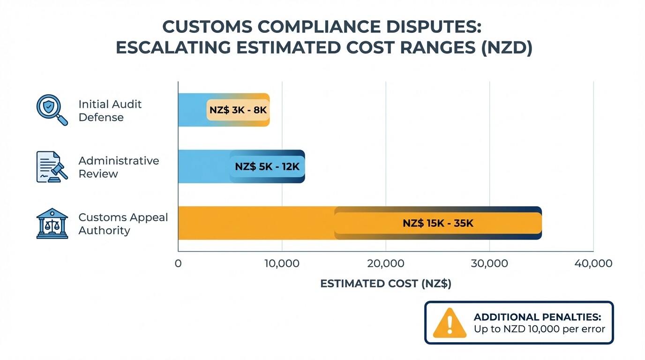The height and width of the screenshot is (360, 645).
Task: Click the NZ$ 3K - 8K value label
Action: pyautogui.click(x=238, y=110)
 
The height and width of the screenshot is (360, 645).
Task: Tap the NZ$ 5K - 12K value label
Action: pyautogui.click(x=267, y=167)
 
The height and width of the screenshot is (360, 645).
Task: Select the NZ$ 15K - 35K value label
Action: pyautogui.click(x=438, y=224)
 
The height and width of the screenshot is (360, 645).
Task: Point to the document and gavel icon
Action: pyautogui.click(x=52, y=167)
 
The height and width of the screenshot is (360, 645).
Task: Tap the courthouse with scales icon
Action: pyautogui.click(x=52, y=224)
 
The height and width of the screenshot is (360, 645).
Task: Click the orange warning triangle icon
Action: pyautogui.click(x=450, y=323)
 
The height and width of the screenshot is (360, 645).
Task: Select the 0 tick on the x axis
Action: pyautogui.click(x=178, y=263)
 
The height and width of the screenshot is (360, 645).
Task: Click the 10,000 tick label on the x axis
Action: pyautogui.click(x=282, y=263)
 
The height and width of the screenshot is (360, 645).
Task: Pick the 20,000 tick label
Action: pyautogui.click(x=386, y=263)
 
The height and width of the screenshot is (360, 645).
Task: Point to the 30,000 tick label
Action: pyautogui.click(x=489, y=263)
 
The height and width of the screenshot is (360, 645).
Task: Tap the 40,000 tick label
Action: pyautogui.click(x=593, y=263)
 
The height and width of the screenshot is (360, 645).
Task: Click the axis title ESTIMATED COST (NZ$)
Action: pyautogui.click(x=386, y=284)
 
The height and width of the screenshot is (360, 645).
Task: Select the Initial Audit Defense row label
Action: pyautogui.click(x=110, y=111)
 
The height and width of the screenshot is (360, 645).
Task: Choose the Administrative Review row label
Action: pyautogui.click(x=119, y=167)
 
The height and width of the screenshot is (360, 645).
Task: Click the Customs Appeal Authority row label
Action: pyautogui.click(x=123, y=224)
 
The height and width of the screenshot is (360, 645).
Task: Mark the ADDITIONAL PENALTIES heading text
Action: pyautogui.click(x=537, y=317)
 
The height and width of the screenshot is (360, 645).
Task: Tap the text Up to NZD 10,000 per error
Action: pyautogui.click(x=540, y=329)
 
